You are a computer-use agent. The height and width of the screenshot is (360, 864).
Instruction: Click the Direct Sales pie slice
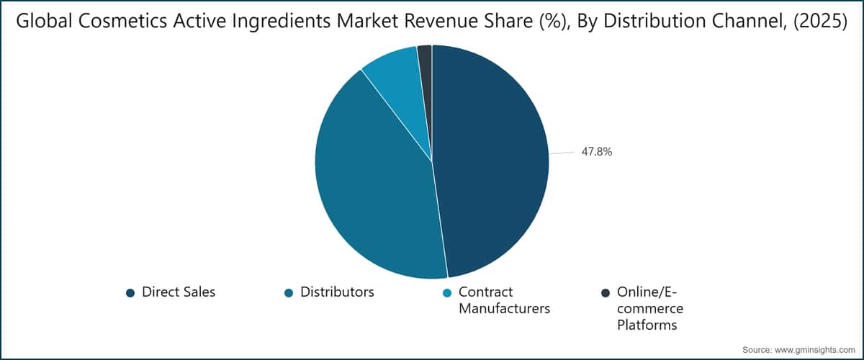click(490, 162)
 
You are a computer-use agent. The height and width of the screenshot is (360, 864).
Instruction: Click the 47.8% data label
click(597, 152)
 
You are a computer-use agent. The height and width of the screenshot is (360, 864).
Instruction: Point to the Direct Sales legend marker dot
click(130, 293)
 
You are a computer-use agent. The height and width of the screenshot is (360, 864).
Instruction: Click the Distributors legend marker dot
click(289, 293)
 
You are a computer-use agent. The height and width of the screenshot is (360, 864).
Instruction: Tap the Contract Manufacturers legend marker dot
click(447, 293)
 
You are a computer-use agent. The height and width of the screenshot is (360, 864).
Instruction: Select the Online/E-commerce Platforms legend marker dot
click(606, 293)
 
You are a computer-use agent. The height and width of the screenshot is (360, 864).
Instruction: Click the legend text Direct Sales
click(179, 292)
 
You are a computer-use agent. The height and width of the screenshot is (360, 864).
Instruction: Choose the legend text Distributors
click(337, 292)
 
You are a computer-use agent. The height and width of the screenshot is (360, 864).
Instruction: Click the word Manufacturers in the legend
click(504, 309)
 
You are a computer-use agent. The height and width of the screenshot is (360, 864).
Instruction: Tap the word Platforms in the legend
click(647, 325)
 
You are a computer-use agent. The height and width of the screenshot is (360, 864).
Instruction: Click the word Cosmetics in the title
click(122, 21)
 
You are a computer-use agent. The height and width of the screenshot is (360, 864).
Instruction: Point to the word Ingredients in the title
click(282, 22)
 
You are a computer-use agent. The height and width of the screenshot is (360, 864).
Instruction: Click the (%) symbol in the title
click(555, 21)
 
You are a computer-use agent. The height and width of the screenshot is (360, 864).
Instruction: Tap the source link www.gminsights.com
click(814, 350)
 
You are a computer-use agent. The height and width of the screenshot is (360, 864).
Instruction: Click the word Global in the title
click(45, 21)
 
